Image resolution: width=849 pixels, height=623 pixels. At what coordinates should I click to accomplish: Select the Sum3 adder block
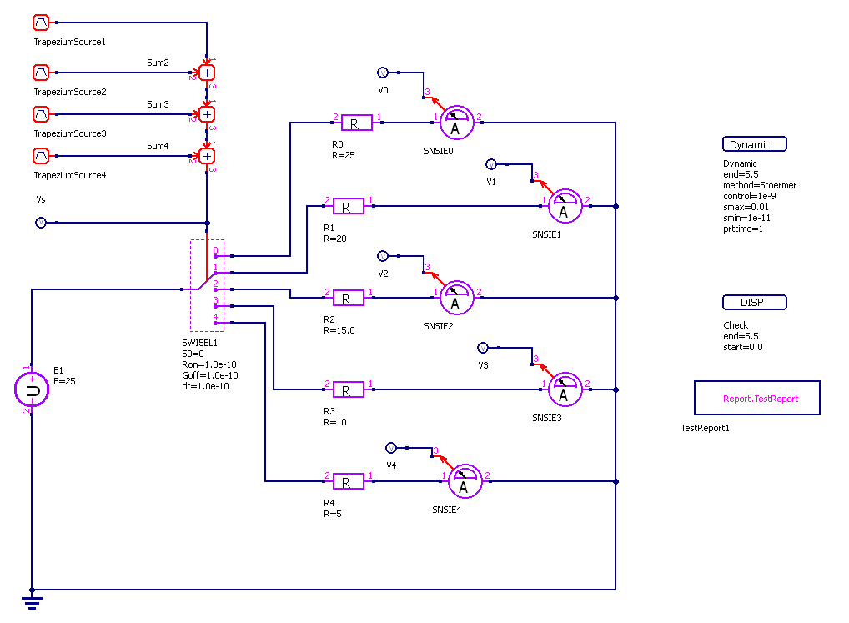(x=207, y=114)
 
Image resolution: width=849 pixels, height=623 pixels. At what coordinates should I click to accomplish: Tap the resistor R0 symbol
(x=354, y=123)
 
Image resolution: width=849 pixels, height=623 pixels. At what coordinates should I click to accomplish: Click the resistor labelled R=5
(x=348, y=481)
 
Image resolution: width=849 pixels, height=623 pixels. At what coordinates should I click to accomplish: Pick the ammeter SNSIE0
(x=456, y=123)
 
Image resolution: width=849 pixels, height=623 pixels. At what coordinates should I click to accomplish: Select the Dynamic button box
(x=754, y=144)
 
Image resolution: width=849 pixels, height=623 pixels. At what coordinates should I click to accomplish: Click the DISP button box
(x=754, y=303)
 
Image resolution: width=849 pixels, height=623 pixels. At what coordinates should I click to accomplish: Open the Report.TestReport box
(x=757, y=398)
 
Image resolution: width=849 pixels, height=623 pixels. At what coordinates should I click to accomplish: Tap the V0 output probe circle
(x=383, y=73)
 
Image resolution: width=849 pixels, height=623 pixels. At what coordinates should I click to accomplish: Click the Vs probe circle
(x=40, y=223)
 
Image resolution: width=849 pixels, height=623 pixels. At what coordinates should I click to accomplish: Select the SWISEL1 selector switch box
(x=207, y=285)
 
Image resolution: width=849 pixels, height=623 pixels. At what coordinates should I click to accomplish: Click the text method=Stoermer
(x=759, y=185)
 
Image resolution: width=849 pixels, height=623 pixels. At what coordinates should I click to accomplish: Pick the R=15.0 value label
(x=339, y=330)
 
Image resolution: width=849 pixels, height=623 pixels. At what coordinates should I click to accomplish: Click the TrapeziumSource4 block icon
(x=41, y=155)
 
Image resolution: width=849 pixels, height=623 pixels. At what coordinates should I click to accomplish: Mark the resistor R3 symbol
(x=348, y=389)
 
